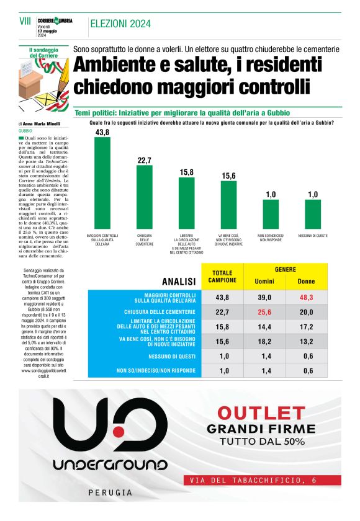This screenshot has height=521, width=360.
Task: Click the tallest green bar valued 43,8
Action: (x=102, y=184)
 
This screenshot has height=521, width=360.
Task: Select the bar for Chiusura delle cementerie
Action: (x=145, y=197)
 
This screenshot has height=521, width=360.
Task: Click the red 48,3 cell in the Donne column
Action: (x=306, y=298)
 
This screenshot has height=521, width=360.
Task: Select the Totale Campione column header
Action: (x=222, y=276)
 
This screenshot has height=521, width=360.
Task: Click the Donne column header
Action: (x=306, y=282)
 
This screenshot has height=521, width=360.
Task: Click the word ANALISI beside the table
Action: (x=179, y=281)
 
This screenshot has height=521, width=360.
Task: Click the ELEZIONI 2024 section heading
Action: (x=120, y=24)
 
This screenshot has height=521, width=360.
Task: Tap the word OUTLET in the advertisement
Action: (x=261, y=412)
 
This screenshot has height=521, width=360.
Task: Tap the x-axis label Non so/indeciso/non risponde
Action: (x=271, y=238)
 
